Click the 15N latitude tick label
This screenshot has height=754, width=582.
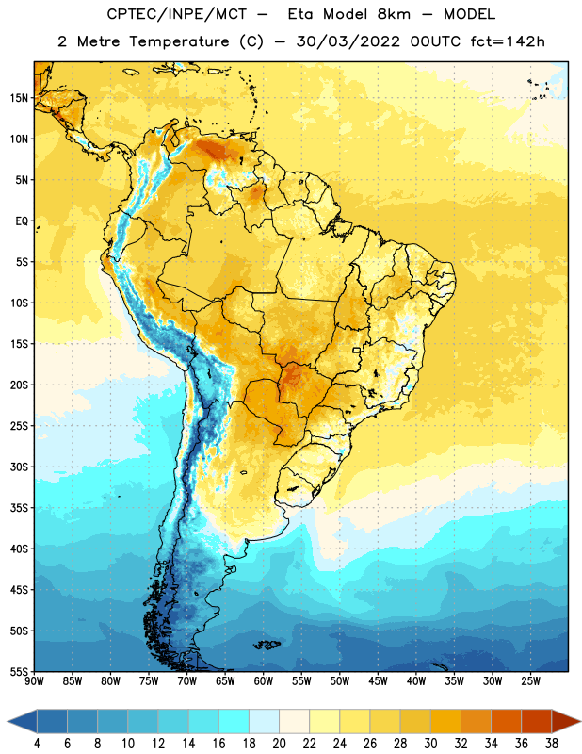coord(19,98)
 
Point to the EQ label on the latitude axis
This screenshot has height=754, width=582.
coord(22,221)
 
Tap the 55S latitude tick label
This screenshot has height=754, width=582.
coord(19,671)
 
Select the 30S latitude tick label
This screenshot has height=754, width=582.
coord(19,467)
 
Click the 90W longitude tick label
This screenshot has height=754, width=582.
coord(34,680)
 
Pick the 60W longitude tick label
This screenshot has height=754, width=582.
coord(264,680)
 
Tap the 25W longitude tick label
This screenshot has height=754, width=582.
coord(530,680)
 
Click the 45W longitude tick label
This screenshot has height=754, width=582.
coord(378,680)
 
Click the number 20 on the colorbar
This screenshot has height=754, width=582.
coord(279,744)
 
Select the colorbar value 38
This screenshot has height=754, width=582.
coord(551,744)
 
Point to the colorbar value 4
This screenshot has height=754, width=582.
coord(37,744)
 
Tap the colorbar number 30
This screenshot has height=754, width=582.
coord(430,744)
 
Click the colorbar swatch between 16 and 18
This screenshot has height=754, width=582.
coord(234,721)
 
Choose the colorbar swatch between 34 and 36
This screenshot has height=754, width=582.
coord(506,721)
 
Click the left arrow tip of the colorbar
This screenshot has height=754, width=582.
coord(8,721)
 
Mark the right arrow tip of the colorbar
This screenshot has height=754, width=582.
coord(581,721)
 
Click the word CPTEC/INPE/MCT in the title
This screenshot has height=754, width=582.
coord(176,14)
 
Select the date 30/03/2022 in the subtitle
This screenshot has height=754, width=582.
coord(348,41)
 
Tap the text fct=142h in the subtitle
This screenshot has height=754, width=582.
coord(508,41)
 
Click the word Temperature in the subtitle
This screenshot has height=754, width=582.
coord(179,42)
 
